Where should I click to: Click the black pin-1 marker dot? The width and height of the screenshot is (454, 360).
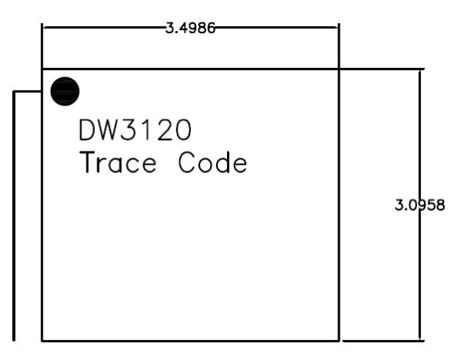coord(65,91)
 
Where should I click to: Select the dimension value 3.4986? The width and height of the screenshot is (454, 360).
coord(190,29)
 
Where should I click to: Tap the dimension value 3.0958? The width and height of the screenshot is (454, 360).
coord(420,205)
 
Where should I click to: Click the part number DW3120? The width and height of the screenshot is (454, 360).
coord(135,130)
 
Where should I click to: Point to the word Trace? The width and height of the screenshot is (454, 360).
coord(118,162)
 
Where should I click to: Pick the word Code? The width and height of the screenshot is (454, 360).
coord(212,162)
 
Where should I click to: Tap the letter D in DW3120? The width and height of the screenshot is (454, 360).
coord(88,130)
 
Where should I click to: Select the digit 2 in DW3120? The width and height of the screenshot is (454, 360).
coord(164,130)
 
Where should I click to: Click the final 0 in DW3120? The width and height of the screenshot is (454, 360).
coord(183,130)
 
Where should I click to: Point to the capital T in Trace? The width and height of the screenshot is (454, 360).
coord(87,162)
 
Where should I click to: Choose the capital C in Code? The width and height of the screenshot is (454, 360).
coord(187,162)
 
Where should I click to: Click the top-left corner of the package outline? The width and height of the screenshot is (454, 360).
coord(42,70)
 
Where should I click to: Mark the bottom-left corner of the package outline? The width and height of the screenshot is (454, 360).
coord(42,341)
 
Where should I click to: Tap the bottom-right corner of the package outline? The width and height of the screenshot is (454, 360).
coord(339,341)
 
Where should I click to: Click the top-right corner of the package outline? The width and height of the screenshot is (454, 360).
coord(339,70)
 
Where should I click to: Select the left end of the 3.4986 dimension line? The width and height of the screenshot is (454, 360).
coord(42,28)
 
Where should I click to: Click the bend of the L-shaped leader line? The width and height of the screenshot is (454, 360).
coord(14,92)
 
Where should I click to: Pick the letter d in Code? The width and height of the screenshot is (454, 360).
coord(222,162)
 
